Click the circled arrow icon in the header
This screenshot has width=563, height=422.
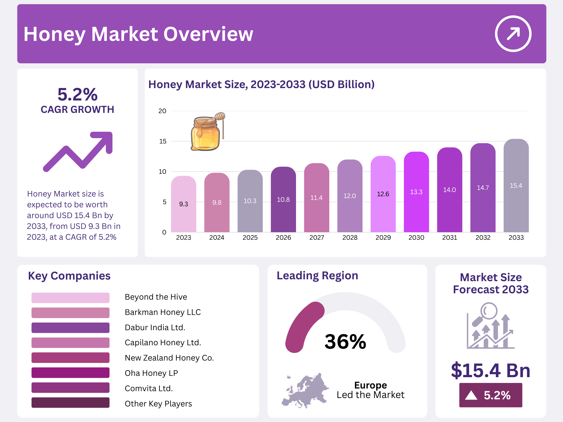[x=513, y=34]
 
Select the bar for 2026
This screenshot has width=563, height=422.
[x=283, y=200]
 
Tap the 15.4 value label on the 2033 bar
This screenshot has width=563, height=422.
[x=516, y=186]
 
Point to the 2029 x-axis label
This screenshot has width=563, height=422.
[x=383, y=238]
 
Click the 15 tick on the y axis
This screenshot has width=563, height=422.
[x=163, y=141]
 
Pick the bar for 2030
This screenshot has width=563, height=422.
[x=416, y=193]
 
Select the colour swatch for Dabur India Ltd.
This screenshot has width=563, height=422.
[x=70, y=328]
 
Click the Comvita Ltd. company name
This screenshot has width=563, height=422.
[x=149, y=388]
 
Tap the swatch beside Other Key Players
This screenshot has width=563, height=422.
[x=70, y=403]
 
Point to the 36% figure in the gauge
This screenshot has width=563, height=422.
[x=345, y=342]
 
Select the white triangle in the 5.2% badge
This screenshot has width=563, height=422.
[x=471, y=395]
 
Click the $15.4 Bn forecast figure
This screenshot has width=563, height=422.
[x=490, y=370]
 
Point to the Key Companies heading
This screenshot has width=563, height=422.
[x=69, y=276]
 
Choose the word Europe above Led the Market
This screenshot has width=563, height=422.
[x=370, y=385]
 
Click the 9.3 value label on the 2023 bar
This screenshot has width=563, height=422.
[x=183, y=204]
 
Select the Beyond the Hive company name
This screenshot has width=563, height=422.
[x=156, y=297]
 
